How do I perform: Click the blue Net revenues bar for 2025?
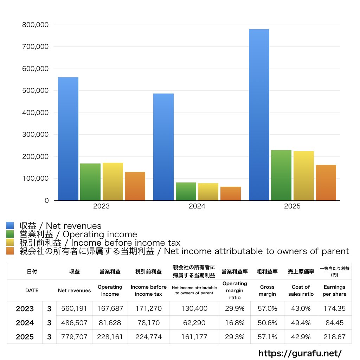pyautogui.click(x=259, y=116)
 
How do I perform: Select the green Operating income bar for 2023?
pyautogui.click(x=90, y=182)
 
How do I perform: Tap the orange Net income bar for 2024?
pyautogui.click(x=231, y=194)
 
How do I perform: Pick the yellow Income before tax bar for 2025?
pyautogui.click(x=304, y=176)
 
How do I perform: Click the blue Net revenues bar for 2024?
pyautogui.click(x=163, y=148)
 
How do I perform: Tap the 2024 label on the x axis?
pyautogui.click(x=197, y=206)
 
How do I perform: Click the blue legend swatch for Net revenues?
pyautogui.click(x=10, y=226)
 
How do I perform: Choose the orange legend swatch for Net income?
pyautogui.click(x=10, y=251)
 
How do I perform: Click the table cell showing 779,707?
pyautogui.click(x=74, y=337)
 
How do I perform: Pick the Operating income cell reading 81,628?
pyautogui.click(x=110, y=323)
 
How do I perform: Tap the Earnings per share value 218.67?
pyautogui.click(x=334, y=337)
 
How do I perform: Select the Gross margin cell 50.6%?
pyautogui.click(x=267, y=323)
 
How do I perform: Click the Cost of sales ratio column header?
pyautogui.click(x=301, y=290)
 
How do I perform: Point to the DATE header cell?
pyautogui.click(x=32, y=290)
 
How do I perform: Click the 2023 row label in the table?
pyautogui.click(x=25, y=309)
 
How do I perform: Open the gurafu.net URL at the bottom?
pyautogui.click(x=300, y=353)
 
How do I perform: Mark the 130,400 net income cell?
pyautogui.click(x=194, y=309)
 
